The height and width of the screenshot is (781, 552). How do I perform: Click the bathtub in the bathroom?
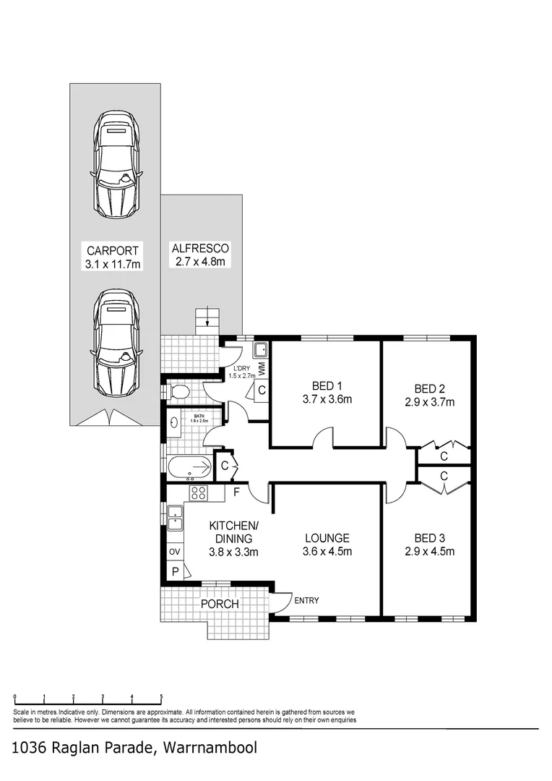click(190, 468)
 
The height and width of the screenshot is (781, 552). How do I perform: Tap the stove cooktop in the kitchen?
click(198, 493)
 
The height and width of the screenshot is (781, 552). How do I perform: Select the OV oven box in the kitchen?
click(174, 552)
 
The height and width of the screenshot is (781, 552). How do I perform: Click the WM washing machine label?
click(262, 368)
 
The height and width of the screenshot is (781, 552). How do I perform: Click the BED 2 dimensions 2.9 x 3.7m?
click(429, 402)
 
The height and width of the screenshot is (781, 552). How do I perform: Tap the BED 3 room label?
click(429, 538)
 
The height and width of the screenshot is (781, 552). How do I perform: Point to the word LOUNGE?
click(327, 538)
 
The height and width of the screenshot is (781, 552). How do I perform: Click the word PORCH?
click(220, 604)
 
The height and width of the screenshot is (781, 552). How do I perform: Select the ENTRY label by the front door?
click(306, 600)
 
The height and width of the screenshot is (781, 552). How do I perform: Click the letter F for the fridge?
click(236, 493)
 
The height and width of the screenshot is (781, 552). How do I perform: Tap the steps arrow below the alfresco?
click(207, 315)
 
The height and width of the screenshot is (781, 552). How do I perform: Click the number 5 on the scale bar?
click(161, 697)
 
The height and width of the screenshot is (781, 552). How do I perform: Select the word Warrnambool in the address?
click(211, 747)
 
